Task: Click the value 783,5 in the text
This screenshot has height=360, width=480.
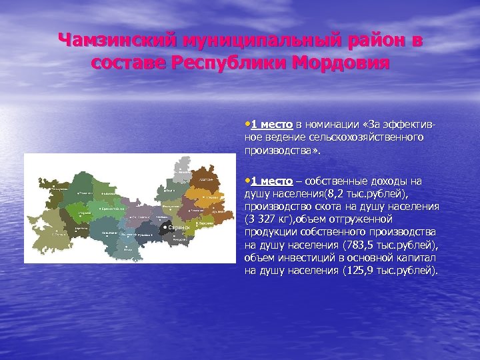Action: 359,245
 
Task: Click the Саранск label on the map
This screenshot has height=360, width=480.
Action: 179,228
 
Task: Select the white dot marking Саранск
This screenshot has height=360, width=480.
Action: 165,227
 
